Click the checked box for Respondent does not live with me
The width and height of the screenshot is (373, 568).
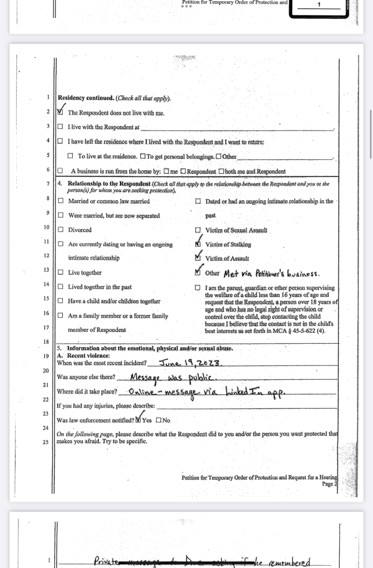pyautogui.click(x=61, y=112)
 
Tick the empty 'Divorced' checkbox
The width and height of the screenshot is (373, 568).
pyautogui.click(x=61, y=230)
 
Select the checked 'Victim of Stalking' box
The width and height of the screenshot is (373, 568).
pyautogui.click(x=198, y=244)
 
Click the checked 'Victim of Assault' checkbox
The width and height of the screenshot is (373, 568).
pyautogui.click(x=198, y=258)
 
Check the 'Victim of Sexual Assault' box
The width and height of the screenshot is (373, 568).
pyautogui.click(x=198, y=230)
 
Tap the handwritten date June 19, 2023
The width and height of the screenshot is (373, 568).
pyautogui.click(x=190, y=364)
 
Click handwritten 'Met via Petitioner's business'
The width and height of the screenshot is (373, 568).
pyautogui.click(x=271, y=273)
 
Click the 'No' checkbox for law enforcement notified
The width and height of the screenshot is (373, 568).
pyautogui.click(x=159, y=420)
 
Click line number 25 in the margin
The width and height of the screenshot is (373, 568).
pyautogui.click(x=47, y=443)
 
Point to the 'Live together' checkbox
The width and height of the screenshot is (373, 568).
pyautogui.click(x=61, y=273)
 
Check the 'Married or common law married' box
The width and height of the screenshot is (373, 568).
pyautogui.click(x=61, y=201)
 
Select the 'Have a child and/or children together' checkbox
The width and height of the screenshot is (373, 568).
pyautogui.click(x=61, y=301)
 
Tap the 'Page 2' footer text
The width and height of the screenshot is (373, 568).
pyautogui.click(x=329, y=484)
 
